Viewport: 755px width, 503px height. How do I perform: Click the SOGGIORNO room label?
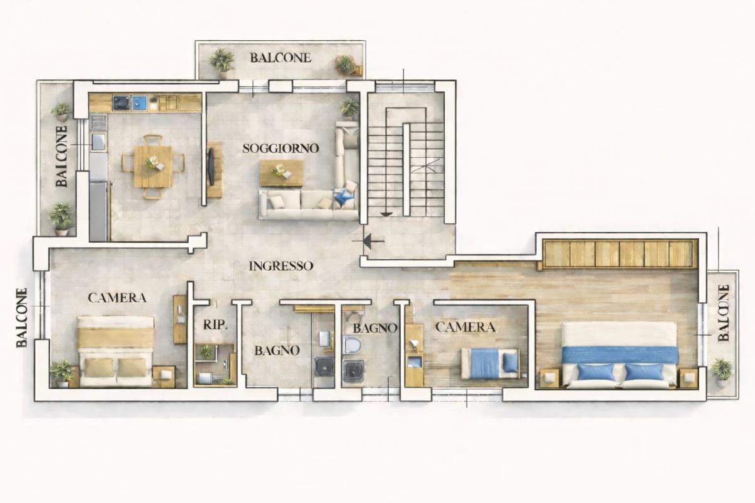coord(281,148)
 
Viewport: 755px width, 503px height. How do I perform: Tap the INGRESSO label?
coord(281,266)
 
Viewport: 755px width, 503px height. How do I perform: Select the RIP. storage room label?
coord(215,325)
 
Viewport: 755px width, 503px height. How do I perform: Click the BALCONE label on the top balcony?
coord(281,58)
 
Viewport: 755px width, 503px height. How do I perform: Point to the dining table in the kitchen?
coord(153,167)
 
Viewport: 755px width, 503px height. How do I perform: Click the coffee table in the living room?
coord(281,173)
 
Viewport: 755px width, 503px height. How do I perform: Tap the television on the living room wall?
coord(211,167)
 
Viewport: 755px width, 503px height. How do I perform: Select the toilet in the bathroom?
coord(352,345)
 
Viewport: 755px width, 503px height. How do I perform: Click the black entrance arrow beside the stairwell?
coord(367,241)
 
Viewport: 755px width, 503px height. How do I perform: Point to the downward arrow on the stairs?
coord(386,214)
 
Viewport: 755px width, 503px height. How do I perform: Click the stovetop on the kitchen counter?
coord(121,103)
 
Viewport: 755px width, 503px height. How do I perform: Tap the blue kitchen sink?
coord(140,102)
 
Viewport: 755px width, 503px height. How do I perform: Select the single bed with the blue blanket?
coord(490,363)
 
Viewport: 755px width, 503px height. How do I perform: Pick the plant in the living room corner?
coord(349,109)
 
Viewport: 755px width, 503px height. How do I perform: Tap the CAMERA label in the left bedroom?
coord(117,298)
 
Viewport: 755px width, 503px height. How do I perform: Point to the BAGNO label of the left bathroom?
coord(277,351)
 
